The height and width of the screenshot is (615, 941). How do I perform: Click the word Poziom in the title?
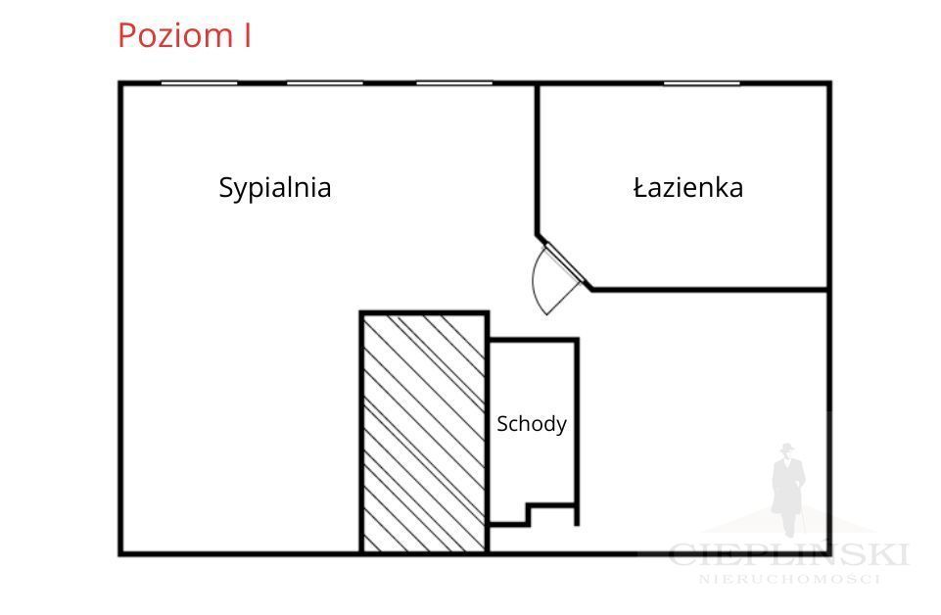click(x=175, y=36)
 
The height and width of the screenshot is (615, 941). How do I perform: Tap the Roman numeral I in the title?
click(x=248, y=35)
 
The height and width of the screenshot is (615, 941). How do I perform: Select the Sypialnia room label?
click(x=275, y=188)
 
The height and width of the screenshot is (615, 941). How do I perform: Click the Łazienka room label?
click(x=688, y=187)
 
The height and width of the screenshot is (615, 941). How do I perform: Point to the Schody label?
click(x=532, y=424)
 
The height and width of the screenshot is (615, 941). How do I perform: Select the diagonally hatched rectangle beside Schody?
click(x=424, y=432)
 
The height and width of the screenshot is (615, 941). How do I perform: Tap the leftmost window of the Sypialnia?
click(x=199, y=83)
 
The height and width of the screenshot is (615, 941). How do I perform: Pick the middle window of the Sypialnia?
click(x=325, y=83)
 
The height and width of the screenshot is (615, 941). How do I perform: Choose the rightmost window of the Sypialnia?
click(x=454, y=83)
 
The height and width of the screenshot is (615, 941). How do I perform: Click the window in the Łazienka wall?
click(x=701, y=83)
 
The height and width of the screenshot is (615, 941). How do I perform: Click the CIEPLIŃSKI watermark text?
click(x=788, y=554)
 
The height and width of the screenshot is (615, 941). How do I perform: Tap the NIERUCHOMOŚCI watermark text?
click(x=790, y=579)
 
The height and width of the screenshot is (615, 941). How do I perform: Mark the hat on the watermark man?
click(x=786, y=448)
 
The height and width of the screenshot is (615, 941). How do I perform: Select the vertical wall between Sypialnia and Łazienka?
click(x=538, y=160)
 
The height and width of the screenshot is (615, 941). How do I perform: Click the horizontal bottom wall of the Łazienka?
click(x=710, y=290)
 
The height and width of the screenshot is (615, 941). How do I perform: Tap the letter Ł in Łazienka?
click(x=640, y=187)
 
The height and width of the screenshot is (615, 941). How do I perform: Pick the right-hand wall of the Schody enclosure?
click(x=577, y=432)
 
